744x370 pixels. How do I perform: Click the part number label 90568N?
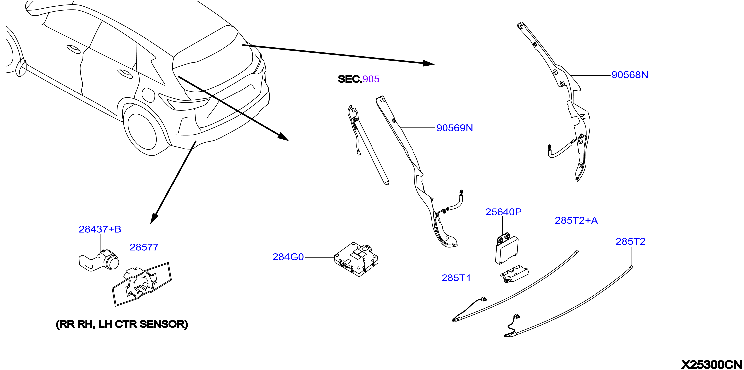630,75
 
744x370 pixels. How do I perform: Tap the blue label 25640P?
503,212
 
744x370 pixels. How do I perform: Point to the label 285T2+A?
576,221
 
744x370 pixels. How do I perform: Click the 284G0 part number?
288,257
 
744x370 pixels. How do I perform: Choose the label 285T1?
456,278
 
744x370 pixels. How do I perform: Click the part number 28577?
144,247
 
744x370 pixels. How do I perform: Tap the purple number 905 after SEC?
371,79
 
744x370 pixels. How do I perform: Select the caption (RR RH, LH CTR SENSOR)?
122,324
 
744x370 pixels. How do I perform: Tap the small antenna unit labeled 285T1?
515,274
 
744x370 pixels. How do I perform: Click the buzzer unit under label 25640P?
507,249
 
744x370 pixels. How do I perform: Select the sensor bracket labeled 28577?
142,284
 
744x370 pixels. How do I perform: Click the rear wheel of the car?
142,132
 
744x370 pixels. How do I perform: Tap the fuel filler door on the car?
149,94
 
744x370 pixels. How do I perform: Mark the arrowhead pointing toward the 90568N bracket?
429,63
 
